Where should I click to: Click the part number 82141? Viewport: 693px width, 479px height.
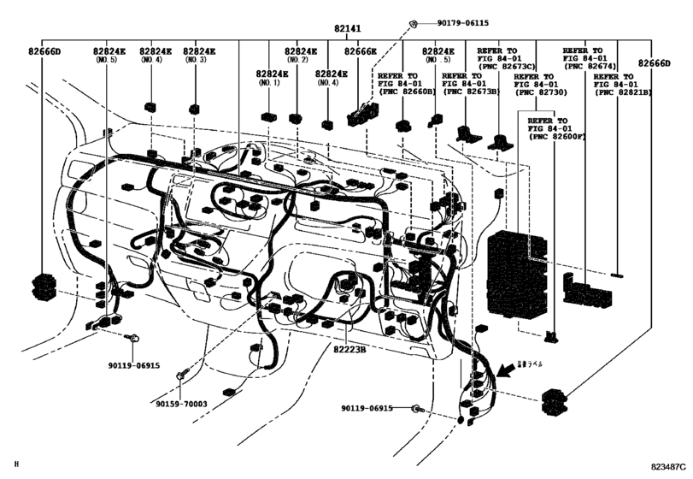tap(346, 28)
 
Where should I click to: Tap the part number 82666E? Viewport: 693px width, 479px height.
tap(360, 51)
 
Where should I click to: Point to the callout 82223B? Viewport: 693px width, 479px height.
tap(349, 349)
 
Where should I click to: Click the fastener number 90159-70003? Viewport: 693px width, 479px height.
tap(181, 404)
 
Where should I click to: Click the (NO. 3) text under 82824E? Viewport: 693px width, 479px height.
tap(196, 60)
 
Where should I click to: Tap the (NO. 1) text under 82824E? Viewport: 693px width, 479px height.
tap(269, 82)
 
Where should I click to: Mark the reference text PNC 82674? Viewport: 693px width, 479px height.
tap(590, 66)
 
